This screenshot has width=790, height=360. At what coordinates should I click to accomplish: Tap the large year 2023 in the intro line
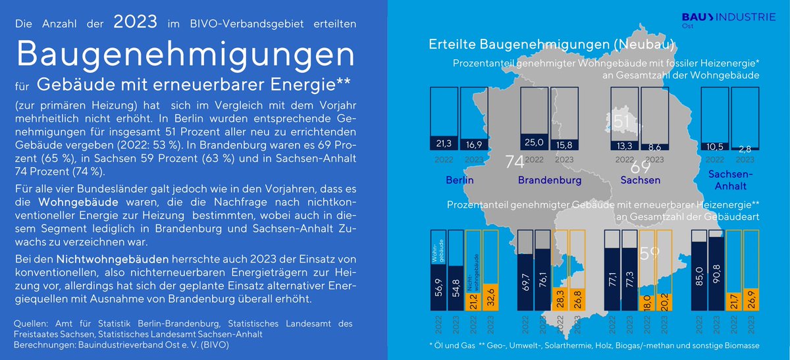tap(135, 22)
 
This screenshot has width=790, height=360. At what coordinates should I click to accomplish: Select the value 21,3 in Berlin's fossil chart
tap(442, 143)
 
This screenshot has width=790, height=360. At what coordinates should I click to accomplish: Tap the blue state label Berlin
tap(460, 180)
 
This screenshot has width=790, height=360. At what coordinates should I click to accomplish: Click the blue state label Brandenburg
tap(549, 180)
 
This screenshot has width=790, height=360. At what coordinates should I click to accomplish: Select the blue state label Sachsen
tap(641, 180)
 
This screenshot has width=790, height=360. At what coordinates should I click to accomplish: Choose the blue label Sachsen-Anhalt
tap(731, 180)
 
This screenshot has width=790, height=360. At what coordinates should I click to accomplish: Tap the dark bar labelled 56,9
tap(438, 283)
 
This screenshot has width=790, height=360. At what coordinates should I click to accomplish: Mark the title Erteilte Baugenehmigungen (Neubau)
tap(552, 45)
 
